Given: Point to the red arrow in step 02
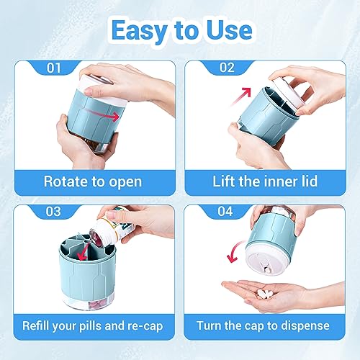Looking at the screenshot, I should [x=245, y=94].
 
